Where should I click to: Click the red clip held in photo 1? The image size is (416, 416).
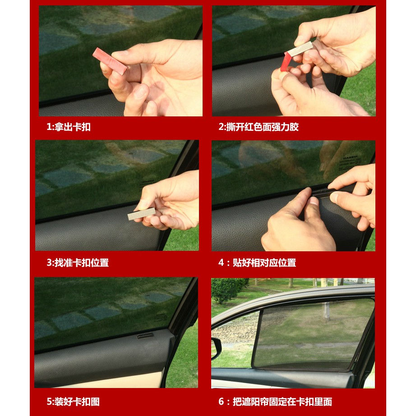pyautogui.click(x=110, y=61)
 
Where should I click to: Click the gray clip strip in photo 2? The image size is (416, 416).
pyautogui.click(x=300, y=49)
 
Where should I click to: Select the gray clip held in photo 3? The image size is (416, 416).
pyautogui.click(x=141, y=214)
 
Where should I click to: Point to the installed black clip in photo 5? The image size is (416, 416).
pyautogui.click(x=145, y=336)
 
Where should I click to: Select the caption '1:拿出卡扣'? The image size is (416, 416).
pyautogui.click(x=69, y=127)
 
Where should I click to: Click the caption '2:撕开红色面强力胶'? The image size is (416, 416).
pyautogui.click(x=259, y=127)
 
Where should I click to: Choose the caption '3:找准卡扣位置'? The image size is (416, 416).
pyautogui.click(x=78, y=263)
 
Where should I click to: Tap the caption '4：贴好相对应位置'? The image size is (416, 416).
pyautogui.click(x=257, y=263)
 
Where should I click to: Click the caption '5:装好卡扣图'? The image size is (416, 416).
pyautogui.click(x=73, y=402)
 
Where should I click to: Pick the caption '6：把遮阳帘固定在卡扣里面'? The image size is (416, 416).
pyautogui.click(x=275, y=402)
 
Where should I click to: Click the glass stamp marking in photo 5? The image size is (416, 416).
pyautogui.click(x=161, y=317)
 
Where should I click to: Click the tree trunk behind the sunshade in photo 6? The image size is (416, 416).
pyautogui.click(x=327, y=310)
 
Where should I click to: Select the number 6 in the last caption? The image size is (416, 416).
pyautogui.click(x=221, y=402)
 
